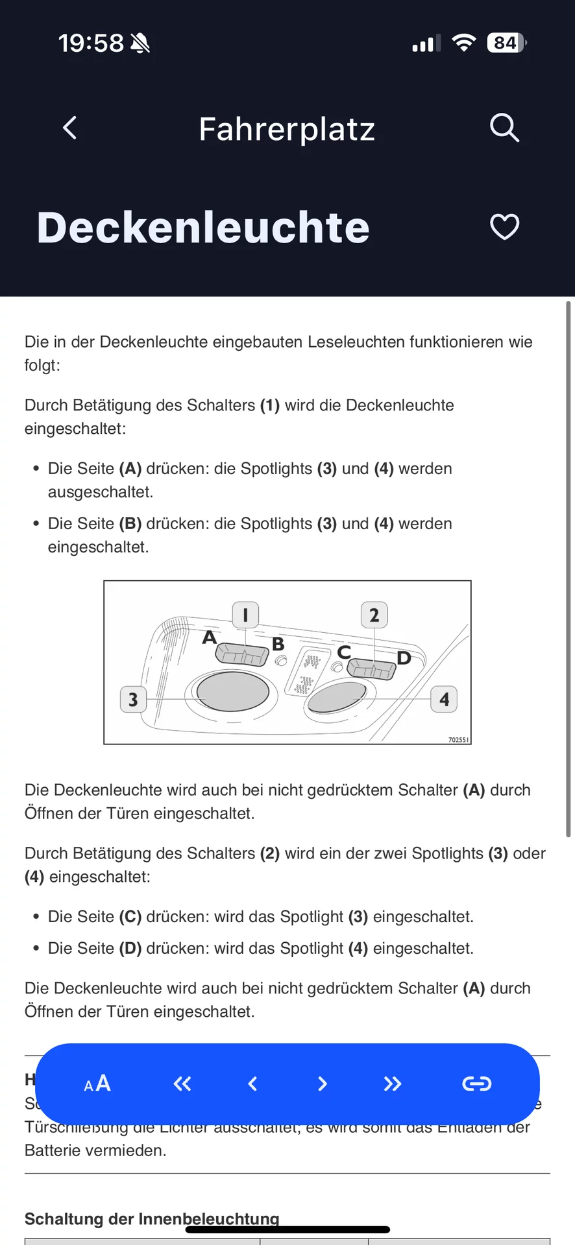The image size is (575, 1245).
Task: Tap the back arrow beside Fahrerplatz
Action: point(70,128)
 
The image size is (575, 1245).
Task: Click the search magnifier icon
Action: point(504,128)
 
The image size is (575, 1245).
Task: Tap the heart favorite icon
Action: point(504,227)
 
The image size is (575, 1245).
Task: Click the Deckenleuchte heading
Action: point(203,228)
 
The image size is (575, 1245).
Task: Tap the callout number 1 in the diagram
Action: point(245,614)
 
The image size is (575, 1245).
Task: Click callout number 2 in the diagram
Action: point(374,615)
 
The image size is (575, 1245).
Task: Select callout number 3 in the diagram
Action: point(133,700)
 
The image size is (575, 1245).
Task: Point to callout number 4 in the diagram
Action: point(444,700)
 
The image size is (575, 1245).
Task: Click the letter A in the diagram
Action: point(209,637)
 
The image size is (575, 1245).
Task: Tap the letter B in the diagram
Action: point(278,644)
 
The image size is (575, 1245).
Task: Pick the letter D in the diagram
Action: point(404,658)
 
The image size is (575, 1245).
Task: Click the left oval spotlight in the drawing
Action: point(232,691)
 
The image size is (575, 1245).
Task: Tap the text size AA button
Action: point(97,1084)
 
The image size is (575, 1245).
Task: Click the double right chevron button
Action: point(392,1084)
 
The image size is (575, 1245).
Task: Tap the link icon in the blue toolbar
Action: point(476,1084)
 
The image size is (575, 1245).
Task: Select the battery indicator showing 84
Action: point(506,43)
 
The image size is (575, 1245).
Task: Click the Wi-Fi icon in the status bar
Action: point(463,43)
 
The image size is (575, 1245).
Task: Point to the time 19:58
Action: point(91,43)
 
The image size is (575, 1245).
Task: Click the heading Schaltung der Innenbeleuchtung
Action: point(152,1218)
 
